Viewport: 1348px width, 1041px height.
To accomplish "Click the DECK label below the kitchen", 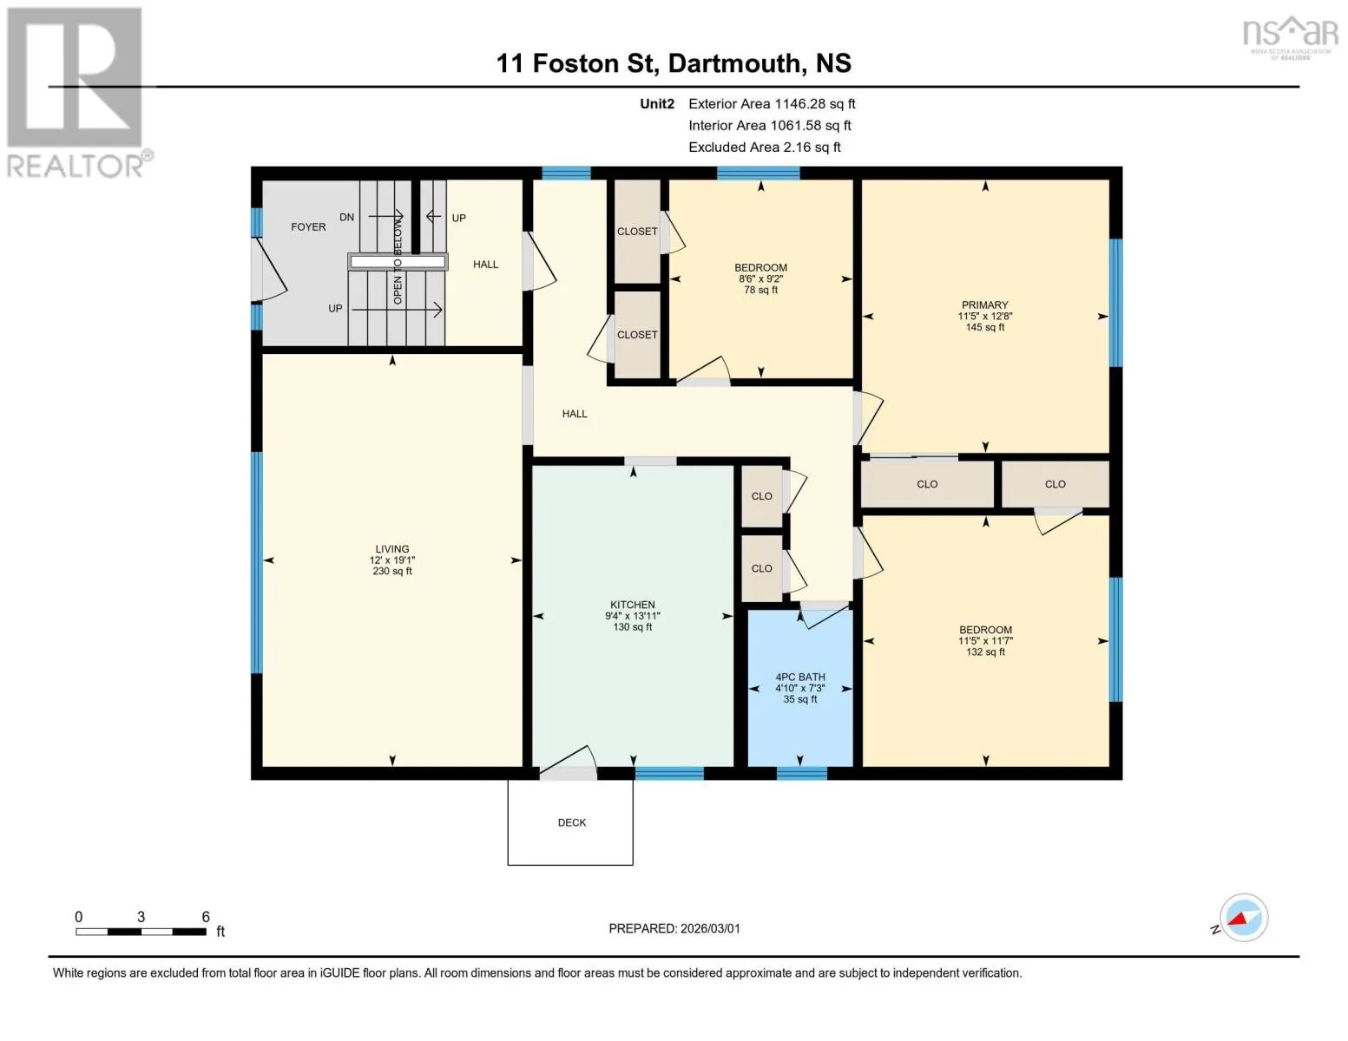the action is [571, 822].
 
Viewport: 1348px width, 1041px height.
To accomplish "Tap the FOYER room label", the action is [308, 227].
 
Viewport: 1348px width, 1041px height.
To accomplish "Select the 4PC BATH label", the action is [800, 677].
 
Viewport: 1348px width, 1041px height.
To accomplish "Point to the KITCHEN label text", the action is [632, 605].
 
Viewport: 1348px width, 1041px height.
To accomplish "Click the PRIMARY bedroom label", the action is [984, 305].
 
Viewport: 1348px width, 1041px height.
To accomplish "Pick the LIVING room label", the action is [392, 549].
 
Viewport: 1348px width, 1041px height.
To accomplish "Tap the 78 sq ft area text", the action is [760, 290].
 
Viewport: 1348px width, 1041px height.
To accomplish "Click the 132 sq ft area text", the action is [985, 651].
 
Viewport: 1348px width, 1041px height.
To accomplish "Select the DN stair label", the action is [347, 217].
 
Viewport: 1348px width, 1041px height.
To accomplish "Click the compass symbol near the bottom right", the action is [1243, 918].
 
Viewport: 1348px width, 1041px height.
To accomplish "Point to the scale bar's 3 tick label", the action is [141, 917].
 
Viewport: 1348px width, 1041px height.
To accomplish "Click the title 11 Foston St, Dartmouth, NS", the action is [674, 63].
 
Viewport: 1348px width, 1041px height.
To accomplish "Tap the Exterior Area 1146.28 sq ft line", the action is [772, 104].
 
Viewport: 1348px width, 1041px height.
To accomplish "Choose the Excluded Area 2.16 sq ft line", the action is [764, 147].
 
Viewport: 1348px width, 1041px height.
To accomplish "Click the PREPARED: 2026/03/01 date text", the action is [674, 929].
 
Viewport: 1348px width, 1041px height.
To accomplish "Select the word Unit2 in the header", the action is [657, 104].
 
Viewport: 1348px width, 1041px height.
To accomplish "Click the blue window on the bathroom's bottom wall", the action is [801, 773].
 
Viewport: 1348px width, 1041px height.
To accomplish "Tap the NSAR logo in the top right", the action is [1292, 37].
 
